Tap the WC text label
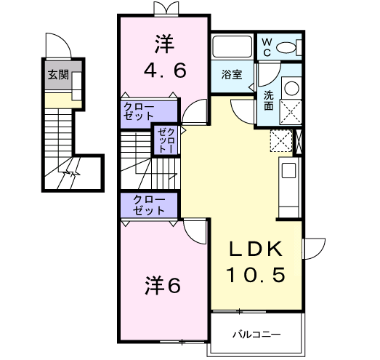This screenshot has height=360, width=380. (x=266, y=47)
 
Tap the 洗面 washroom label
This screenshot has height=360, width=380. (x=268, y=100)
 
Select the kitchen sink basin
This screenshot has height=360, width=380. (x=288, y=172)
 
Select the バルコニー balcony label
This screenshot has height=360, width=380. (x=256, y=335)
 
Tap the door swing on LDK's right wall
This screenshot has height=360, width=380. (x=314, y=250)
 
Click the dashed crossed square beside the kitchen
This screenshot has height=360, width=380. (x=280, y=140)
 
